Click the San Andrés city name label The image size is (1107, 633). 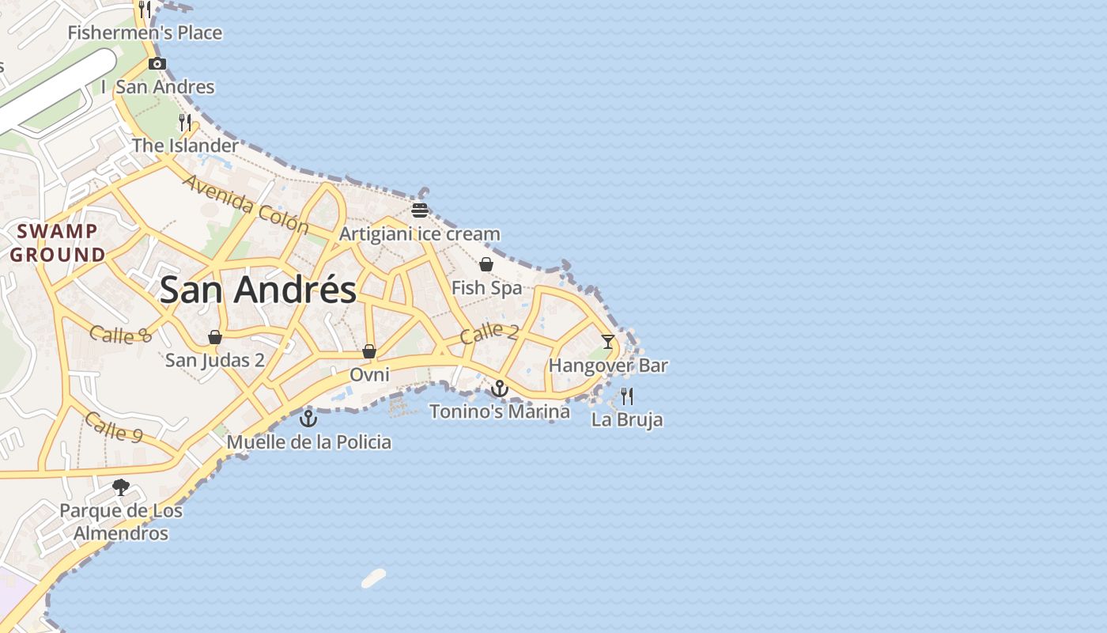(x=258, y=290)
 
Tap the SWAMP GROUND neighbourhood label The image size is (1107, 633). (x=57, y=243)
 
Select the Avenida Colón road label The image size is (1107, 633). (x=246, y=204)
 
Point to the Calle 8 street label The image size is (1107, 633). (x=120, y=334)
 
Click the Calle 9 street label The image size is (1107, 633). (x=114, y=426)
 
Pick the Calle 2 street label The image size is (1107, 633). (x=489, y=332)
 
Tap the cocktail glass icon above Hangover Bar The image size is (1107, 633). (x=607, y=342)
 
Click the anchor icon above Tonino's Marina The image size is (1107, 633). (x=499, y=389)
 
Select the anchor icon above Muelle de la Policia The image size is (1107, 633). (x=308, y=419)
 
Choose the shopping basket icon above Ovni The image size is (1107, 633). (x=368, y=351)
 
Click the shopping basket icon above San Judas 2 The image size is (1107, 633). (x=214, y=337)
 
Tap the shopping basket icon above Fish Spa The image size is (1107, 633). (x=486, y=264)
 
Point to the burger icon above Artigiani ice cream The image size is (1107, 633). (x=419, y=210)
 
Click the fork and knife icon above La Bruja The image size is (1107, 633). (x=627, y=396)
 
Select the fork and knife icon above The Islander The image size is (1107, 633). (x=185, y=122)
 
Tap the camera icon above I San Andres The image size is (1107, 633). (x=157, y=64)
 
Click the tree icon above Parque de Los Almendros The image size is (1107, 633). (x=121, y=487)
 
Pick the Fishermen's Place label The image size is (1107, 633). (x=145, y=33)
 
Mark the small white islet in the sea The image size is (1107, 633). (x=374, y=578)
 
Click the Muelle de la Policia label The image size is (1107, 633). (x=309, y=442)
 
